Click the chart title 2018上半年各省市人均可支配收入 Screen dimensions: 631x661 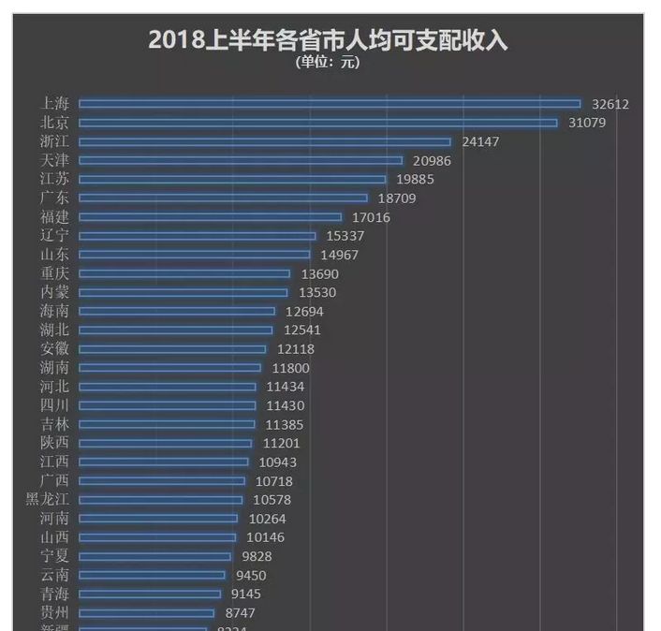[x=328, y=40]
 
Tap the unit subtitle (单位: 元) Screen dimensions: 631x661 [x=328, y=63]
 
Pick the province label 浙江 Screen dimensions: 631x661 [x=55, y=141]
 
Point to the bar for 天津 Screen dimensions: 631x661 [x=241, y=160]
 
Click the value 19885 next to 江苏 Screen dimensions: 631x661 [x=416, y=179]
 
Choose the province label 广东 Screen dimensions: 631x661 [x=55, y=198]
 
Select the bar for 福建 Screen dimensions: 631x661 [x=210, y=217]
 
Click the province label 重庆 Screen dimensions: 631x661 [x=55, y=273]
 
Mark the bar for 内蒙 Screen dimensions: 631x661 [x=183, y=292]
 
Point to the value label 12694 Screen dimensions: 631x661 [x=304, y=311]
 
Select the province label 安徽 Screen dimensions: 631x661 [x=55, y=349]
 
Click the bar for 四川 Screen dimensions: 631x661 [x=167, y=405]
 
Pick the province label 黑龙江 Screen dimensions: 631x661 [x=48, y=500]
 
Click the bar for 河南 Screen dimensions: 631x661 [x=158, y=519]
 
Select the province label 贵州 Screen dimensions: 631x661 [x=55, y=612]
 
